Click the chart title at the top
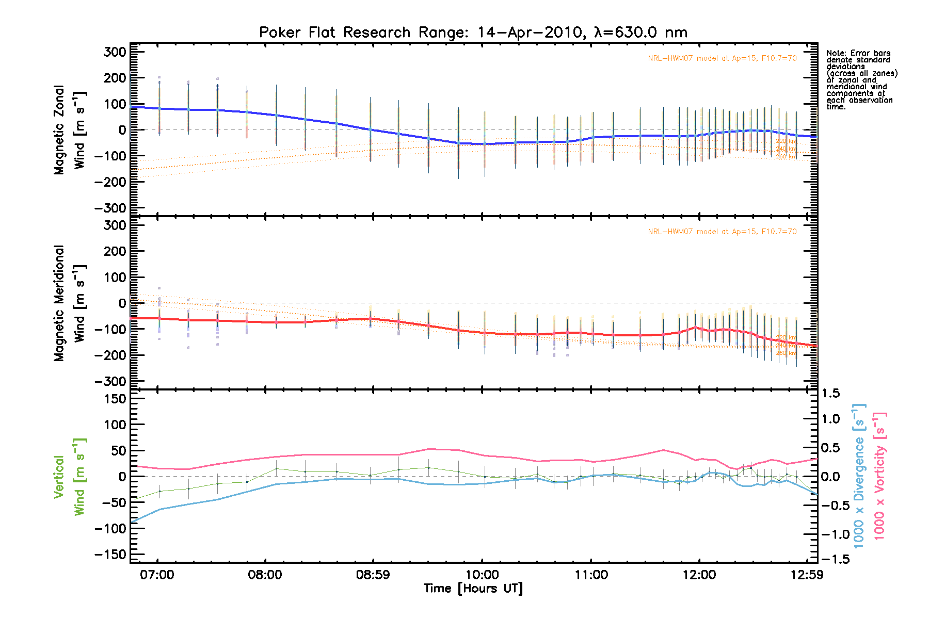pos(473,32)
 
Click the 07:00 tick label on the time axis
pos(157,575)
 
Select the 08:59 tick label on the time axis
pos(373,575)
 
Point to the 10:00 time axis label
pos(482,575)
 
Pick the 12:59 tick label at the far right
pos(806,575)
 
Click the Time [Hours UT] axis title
pos(473,589)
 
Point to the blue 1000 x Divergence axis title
pos(859,477)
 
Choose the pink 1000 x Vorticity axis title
pos(879,477)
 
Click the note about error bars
pos(861,80)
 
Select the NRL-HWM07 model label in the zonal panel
pos(722,58)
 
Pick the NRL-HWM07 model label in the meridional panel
pos(722,232)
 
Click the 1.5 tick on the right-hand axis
pos(830,394)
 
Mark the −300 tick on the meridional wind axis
pos(110,381)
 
